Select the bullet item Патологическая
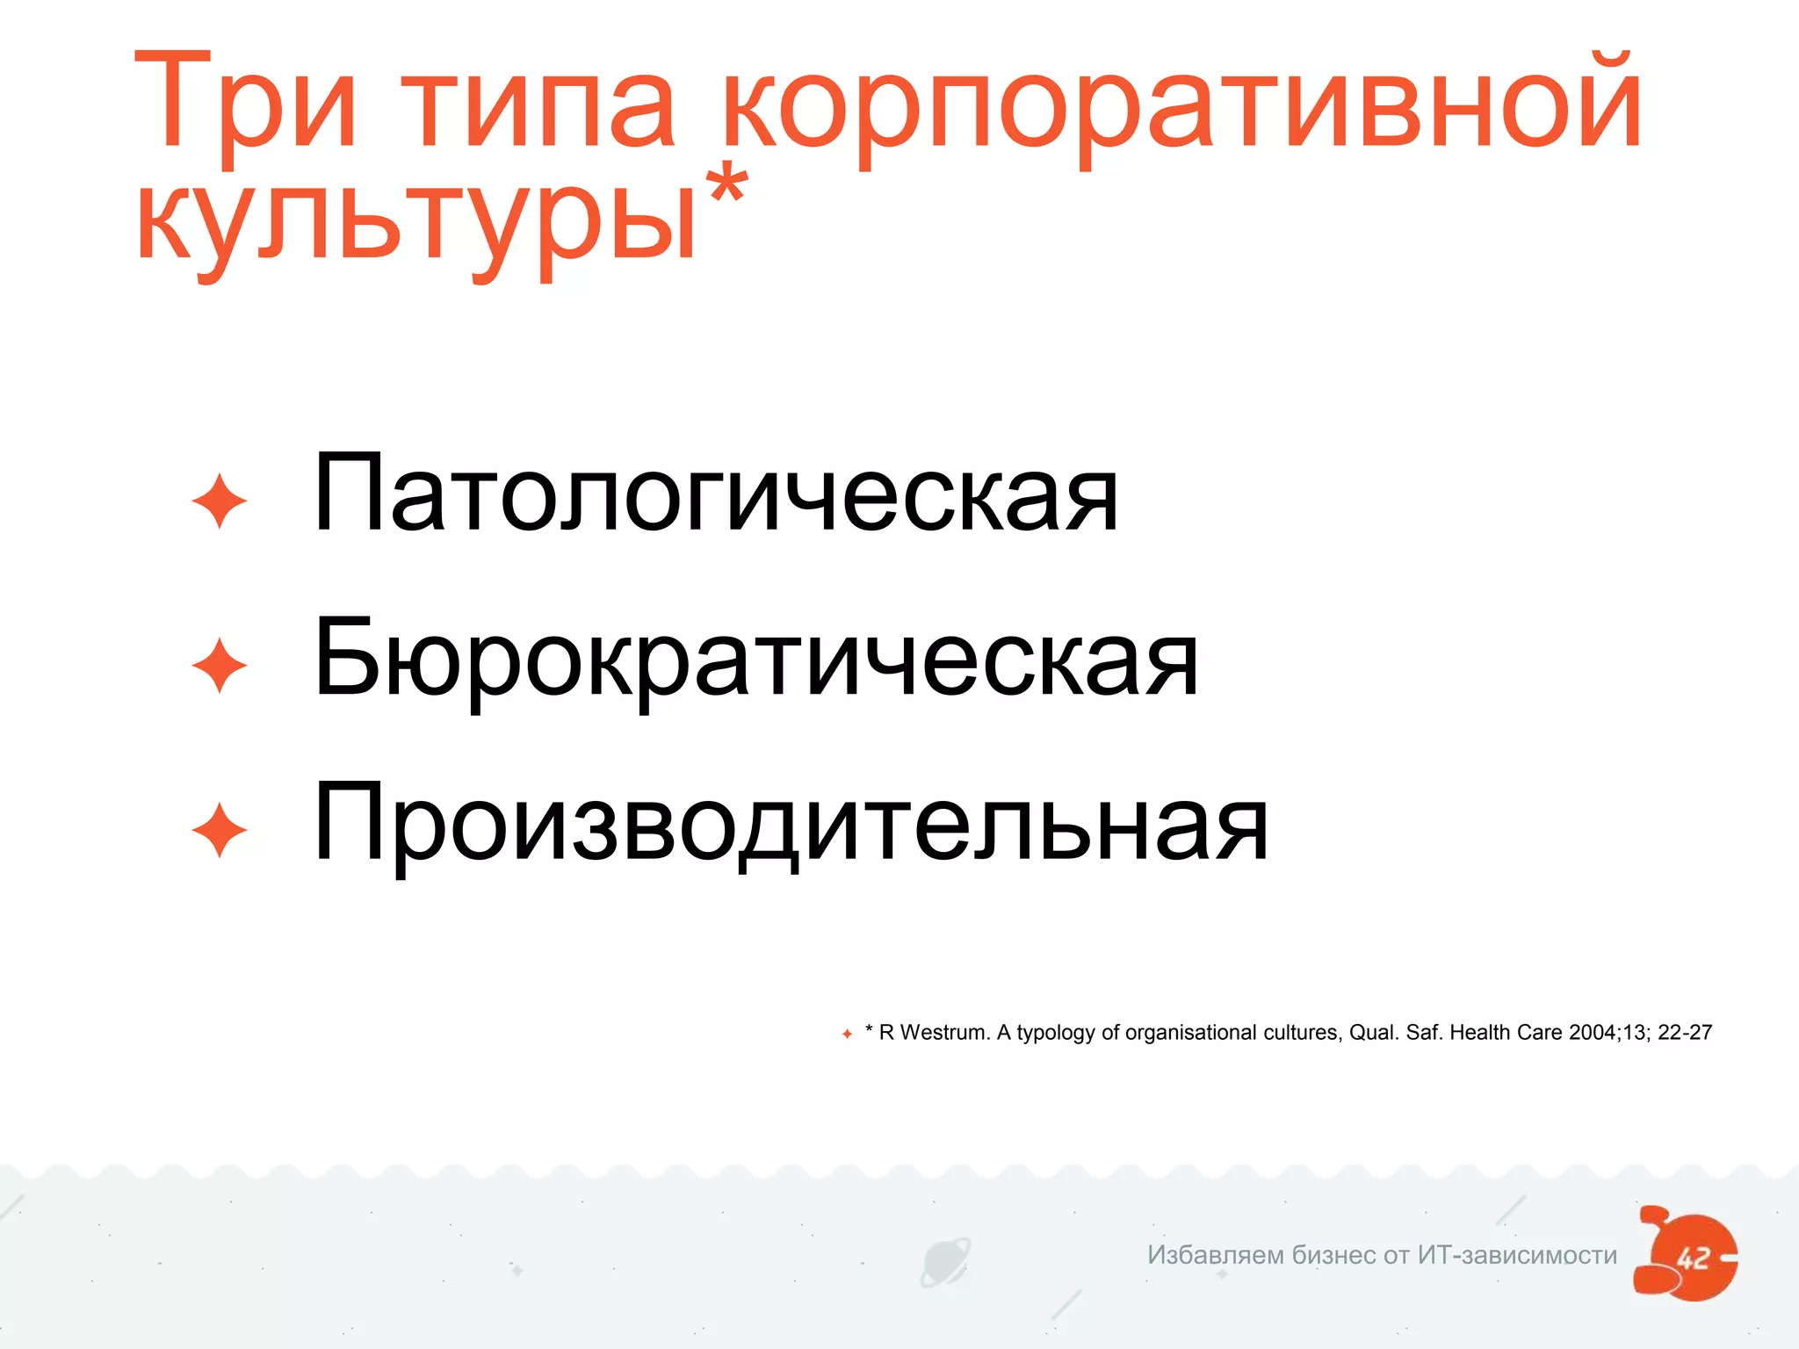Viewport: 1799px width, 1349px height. click(716, 494)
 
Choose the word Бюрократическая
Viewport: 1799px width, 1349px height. click(755, 659)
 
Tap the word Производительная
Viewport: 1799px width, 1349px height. click(791, 824)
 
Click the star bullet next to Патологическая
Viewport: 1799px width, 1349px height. click(219, 501)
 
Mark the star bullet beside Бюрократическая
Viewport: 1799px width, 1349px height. click(219, 666)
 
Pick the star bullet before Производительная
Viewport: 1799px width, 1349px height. click(219, 831)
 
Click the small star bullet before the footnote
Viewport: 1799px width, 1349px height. click(847, 1034)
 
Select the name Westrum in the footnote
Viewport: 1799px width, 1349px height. click(945, 1033)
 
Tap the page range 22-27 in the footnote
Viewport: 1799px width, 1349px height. click(1685, 1033)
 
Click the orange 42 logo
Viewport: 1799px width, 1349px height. click(1687, 1254)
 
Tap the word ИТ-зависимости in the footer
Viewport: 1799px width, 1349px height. click(1517, 1255)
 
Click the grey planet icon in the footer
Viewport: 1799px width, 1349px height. click(944, 1261)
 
